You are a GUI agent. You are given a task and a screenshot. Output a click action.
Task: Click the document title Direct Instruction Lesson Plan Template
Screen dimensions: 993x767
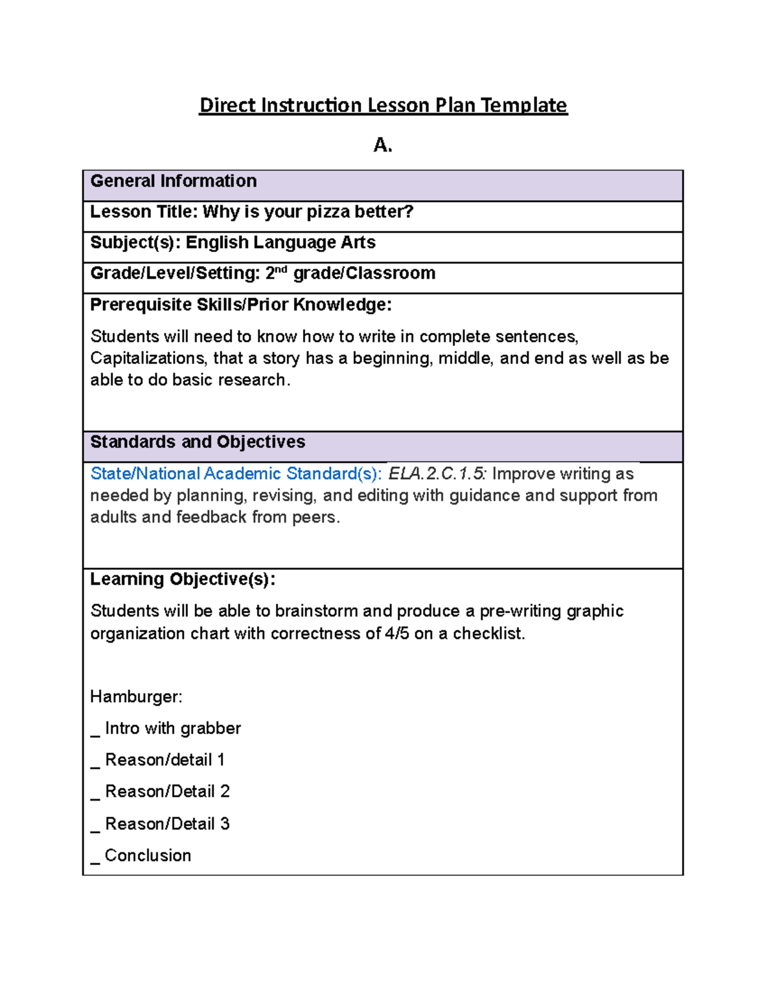[383, 105]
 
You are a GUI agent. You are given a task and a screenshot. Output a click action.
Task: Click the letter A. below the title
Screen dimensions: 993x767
[382, 146]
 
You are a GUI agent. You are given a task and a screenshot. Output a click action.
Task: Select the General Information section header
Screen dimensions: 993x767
[173, 181]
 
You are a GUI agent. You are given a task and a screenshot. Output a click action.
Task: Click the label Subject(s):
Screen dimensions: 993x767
[136, 242]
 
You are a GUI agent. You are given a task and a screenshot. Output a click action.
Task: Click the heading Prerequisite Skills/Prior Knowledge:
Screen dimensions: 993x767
[240, 304]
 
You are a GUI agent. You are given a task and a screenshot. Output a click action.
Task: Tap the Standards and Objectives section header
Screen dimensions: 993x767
[198, 442]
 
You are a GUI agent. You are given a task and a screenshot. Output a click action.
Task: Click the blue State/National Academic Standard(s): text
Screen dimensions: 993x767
[236, 474]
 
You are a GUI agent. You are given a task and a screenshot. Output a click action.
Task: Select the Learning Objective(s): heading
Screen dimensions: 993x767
[183, 579]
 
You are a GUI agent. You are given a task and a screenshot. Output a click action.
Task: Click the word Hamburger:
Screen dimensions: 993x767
[136, 696]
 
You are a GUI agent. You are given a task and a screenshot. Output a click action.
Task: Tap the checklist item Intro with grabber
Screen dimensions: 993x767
[173, 728]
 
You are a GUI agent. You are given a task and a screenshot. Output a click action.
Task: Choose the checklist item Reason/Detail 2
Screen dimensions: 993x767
[167, 792]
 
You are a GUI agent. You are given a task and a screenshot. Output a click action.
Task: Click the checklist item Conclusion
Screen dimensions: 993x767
[148, 856]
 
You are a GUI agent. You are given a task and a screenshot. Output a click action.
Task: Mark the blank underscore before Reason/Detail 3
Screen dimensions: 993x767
[95, 830]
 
